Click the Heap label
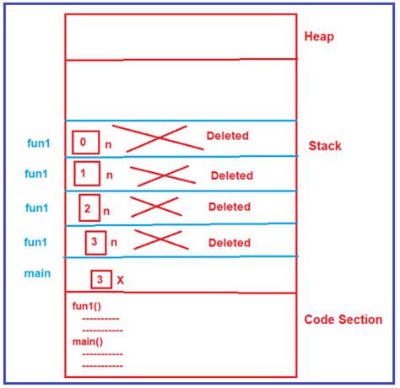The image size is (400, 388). [319, 37]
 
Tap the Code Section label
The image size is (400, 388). [343, 320]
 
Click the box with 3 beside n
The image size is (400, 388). [97, 242]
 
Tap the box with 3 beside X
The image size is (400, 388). [100, 278]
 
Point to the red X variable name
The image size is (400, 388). [120, 279]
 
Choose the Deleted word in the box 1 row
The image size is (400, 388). [231, 175]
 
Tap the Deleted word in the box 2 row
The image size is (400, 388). [230, 207]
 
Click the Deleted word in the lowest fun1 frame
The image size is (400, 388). [230, 242]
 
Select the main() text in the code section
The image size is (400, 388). [89, 342]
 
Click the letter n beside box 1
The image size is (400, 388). [109, 175]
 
